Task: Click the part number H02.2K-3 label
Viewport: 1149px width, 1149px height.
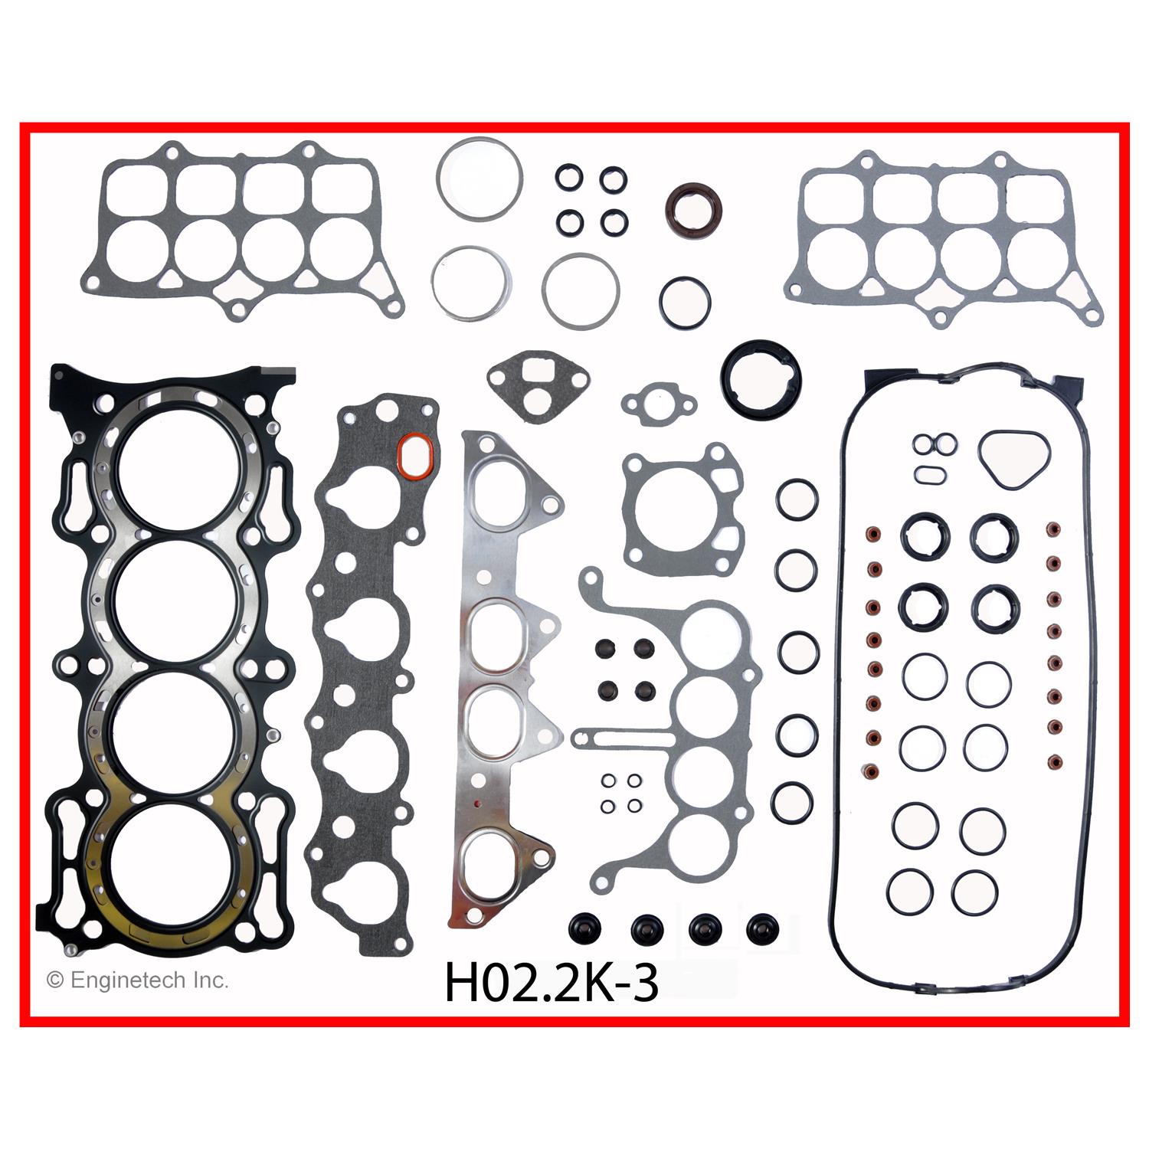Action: pyautogui.click(x=551, y=984)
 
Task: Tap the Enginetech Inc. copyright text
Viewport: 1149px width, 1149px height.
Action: pyautogui.click(x=137, y=980)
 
